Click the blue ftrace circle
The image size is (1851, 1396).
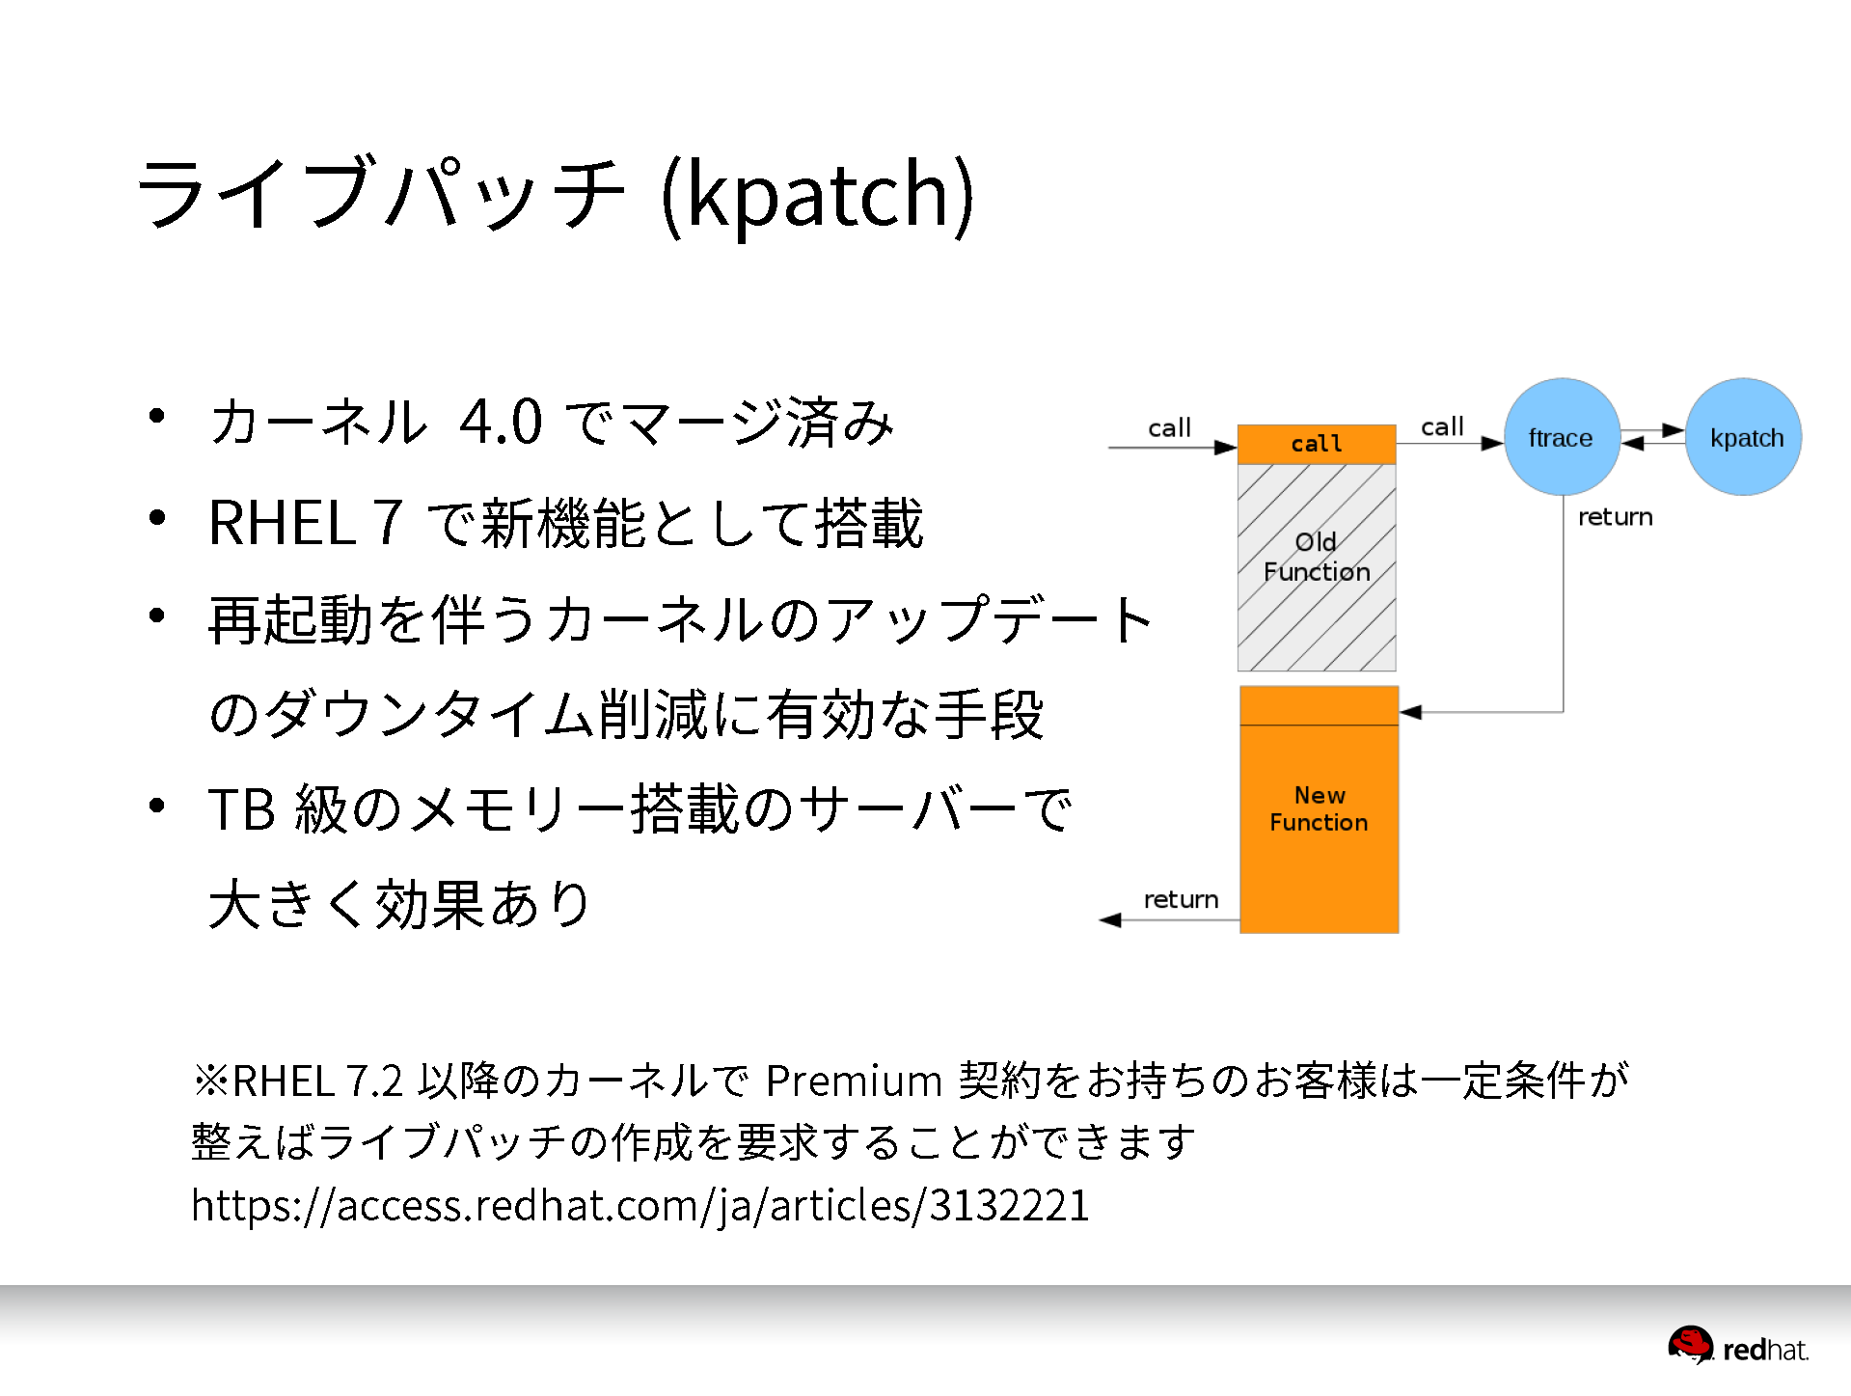pyautogui.click(x=1562, y=437)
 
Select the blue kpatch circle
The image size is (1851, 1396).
pyautogui.click(x=1743, y=437)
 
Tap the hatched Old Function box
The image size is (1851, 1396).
pyautogui.click(x=1317, y=567)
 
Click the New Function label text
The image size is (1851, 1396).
pyautogui.click(x=1319, y=808)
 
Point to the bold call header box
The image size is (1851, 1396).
pyautogui.click(x=1317, y=444)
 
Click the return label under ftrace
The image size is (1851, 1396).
pyautogui.click(x=1616, y=517)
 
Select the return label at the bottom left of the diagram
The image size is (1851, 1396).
pyautogui.click(x=1181, y=899)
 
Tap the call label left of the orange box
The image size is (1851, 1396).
pyautogui.click(x=1169, y=427)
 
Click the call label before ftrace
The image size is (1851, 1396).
pyautogui.click(x=1442, y=426)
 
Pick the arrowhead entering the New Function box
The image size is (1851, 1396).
pyautogui.click(x=1410, y=712)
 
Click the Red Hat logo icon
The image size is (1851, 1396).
pyautogui.click(x=1691, y=1345)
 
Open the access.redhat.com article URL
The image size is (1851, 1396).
pyautogui.click(x=640, y=1205)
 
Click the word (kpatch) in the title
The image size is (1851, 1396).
pyautogui.click(x=818, y=196)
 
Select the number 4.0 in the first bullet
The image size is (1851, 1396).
pyautogui.click(x=501, y=422)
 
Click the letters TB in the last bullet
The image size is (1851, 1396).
pyautogui.click(x=242, y=808)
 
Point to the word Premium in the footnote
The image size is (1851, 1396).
pyautogui.click(x=854, y=1081)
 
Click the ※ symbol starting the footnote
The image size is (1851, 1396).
pyautogui.click(x=210, y=1081)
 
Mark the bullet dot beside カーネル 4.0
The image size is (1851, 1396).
pyautogui.click(x=157, y=417)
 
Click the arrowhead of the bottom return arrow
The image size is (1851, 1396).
pyautogui.click(x=1110, y=920)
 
